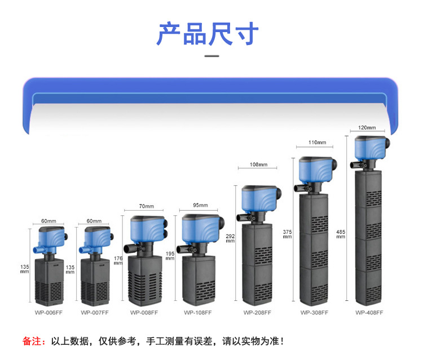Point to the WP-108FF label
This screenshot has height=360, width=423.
pyautogui.click(x=197, y=312)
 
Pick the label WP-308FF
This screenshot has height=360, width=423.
pyautogui.click(x=314, y=312)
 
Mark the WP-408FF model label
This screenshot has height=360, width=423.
pyautogui.click(x=369, y=312)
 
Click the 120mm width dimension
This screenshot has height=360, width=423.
pyautogui.click(x=367, y=128)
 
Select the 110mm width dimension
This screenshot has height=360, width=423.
pyautogui.click(x=318, y=143)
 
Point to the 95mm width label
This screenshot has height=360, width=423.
pyautogui.click(x=200, y=206)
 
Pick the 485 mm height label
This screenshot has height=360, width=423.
pyautogui.click(x=341, y=234)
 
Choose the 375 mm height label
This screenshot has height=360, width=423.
pyautogui.click(x=287, y=234)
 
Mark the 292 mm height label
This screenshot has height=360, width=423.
pyautogui.click(x=230, y=238)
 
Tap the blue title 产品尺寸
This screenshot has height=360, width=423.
pyautogui.click(x=208, y=34)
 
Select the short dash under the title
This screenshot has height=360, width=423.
pyautogui.click(x=211, y=56)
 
